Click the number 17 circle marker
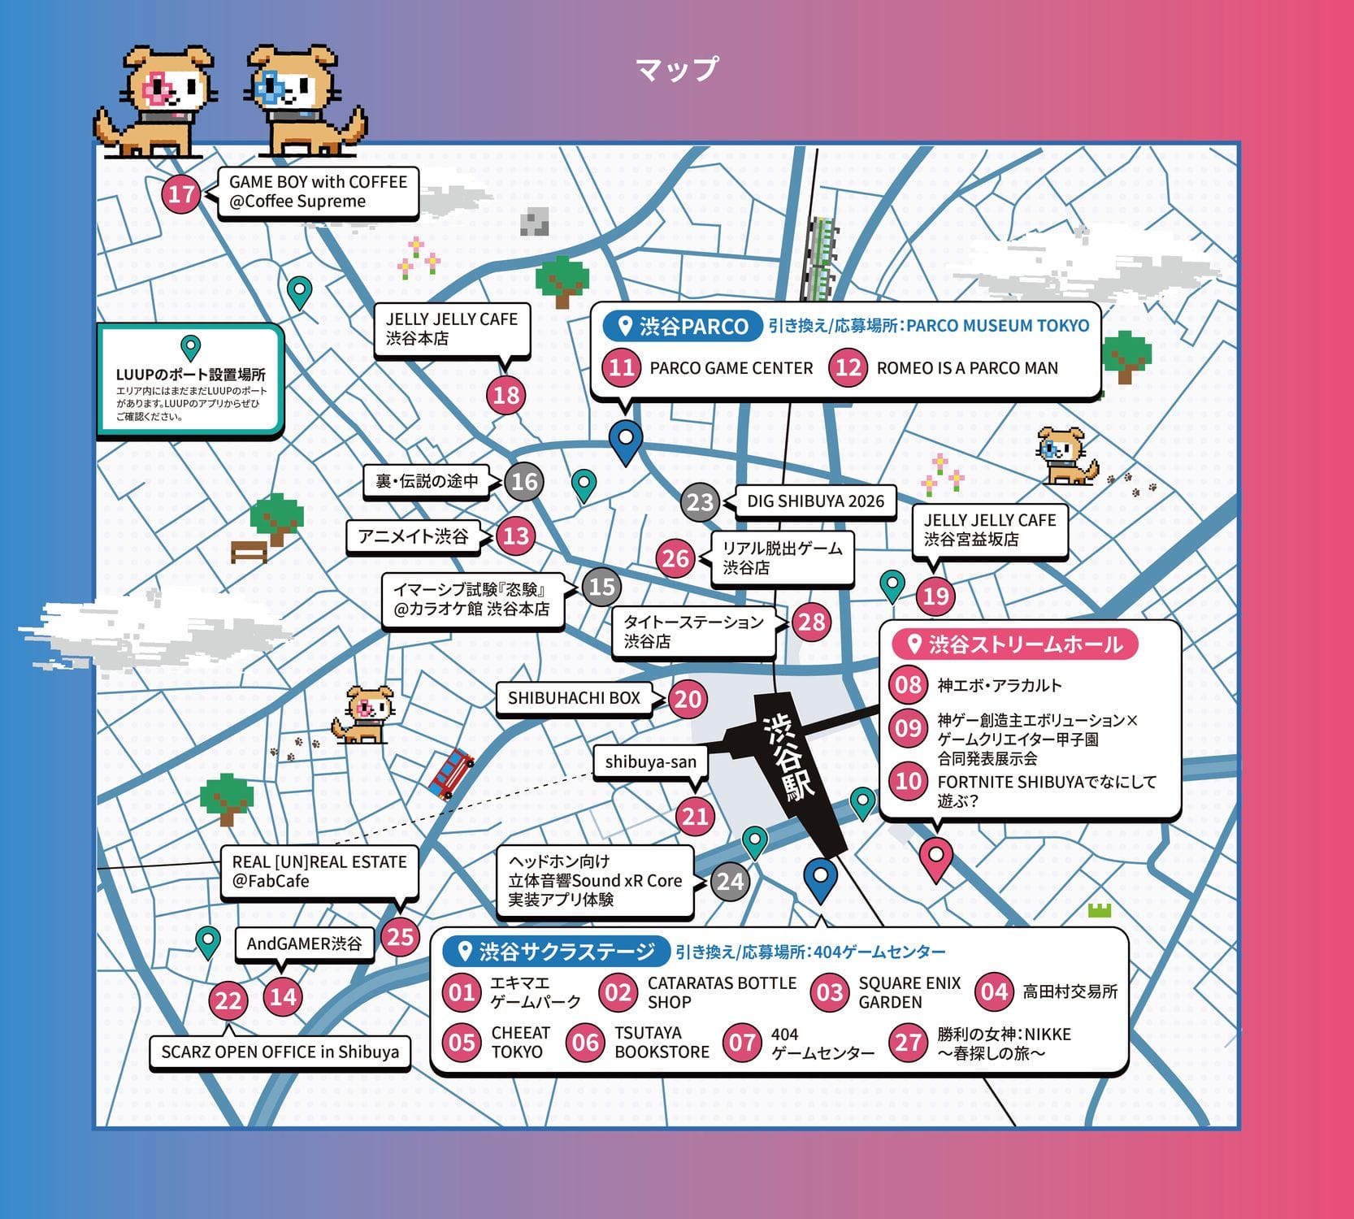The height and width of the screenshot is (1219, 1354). [181, 194]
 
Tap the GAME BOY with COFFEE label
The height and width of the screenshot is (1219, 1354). [318, 193]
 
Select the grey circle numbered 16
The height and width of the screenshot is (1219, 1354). [524, 481]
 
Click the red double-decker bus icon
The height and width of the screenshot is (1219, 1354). [451, 774]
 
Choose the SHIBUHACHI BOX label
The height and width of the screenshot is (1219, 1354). [574, 698]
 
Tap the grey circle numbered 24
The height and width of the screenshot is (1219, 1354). [730, 881]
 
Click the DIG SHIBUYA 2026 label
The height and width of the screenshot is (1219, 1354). [815, 501]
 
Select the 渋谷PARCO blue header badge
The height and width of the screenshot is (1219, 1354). [681, 326]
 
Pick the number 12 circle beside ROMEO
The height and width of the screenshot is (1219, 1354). [848, 367]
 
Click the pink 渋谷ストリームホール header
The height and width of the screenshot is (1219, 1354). [1015, 644]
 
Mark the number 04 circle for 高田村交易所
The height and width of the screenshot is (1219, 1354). [994, 991]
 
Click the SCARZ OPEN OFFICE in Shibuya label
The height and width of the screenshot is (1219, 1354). [280, 1052]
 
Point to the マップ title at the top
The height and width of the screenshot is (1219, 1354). [676, 68]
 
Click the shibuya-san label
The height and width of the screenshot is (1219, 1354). [650, 762]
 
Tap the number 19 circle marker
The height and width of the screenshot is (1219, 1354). [935, 596]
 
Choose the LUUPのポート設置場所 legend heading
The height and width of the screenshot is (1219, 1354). [190, 375]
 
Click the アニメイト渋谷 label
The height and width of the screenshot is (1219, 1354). [413, 536]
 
